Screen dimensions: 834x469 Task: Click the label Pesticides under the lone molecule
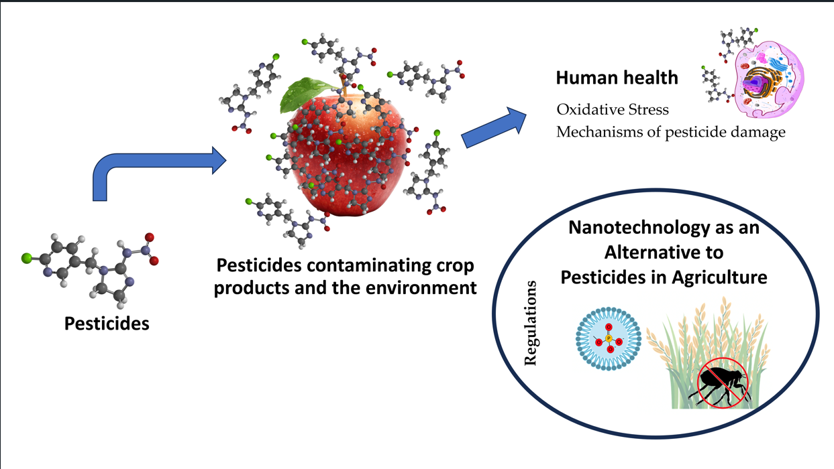107,324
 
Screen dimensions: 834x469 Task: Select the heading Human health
617,78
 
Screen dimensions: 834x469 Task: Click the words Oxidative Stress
613,109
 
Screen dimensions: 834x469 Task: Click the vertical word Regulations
531,323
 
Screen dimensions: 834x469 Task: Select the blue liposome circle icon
609,338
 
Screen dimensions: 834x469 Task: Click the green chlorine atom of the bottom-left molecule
26,257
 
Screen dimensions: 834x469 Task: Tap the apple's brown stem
344,84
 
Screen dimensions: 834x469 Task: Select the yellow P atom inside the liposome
609,339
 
